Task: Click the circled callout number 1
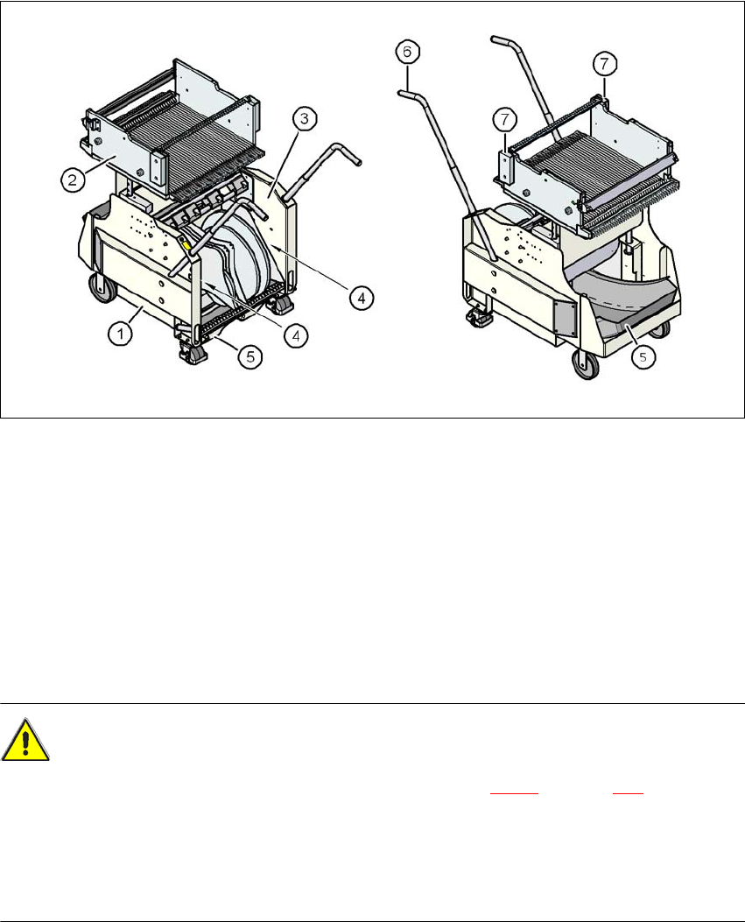(x=121, y=334)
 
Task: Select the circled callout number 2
(x=73, y=179)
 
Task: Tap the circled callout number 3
(x=304, y=119)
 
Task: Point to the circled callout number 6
(x=407, y=53)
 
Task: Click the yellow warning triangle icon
(x=25, y=740)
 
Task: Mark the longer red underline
(x=514, y=793)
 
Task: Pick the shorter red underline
(x=628, y=793)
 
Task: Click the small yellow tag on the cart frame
(x=187, y=245)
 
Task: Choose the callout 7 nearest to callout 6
(x=504, y=120)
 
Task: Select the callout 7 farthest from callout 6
(x=605, y=64)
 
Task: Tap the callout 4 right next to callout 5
(x=296, y=335)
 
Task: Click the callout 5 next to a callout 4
(x=250, y=357)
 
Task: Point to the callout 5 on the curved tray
(x=643, y=357)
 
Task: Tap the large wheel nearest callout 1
(x=102, y=288)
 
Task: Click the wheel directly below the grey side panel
(x=587, y=364)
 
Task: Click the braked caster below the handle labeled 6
(x=479, y=318)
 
